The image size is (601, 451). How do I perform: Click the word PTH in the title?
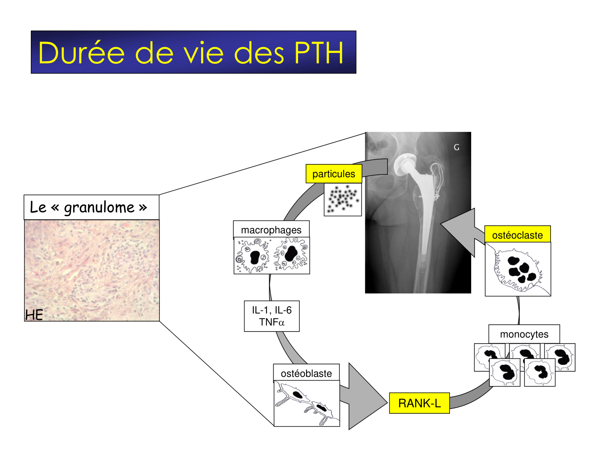click(319, 53)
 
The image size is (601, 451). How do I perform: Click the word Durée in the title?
click(81, 53)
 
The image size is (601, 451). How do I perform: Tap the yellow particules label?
click(333, 174)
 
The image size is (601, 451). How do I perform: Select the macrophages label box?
click(271, 230)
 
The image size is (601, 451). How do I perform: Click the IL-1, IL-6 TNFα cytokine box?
click(272, 316)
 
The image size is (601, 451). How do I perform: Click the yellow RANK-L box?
click(419, 403)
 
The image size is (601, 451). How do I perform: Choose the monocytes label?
click(524, 334)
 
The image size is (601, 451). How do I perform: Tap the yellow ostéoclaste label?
click(517, 235)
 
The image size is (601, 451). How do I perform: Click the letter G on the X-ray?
click(456, 148)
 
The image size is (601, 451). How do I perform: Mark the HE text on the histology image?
click(34, 315)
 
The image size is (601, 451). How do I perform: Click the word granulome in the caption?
click(99, 207)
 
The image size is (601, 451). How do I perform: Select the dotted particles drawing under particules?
click(343, 199)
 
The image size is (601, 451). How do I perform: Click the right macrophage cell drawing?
click(291, 255)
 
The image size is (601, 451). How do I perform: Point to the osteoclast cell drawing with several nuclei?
click(518, 269)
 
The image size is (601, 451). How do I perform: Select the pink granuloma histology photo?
click(92, 271)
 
